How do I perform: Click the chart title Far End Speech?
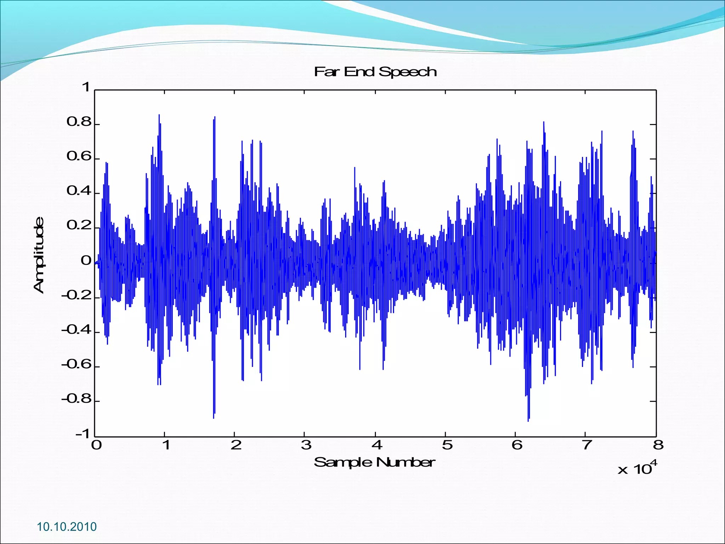(x=375, y=72)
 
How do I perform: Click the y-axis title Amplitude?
(x=39, y=255)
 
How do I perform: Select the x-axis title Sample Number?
(x=375, y=462)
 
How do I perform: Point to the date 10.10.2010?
(x=67, y=527)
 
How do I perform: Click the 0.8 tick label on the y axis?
(x=79, y=122)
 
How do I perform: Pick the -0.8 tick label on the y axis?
(x=76, y=399)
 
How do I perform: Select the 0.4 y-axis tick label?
(x=79, y=191)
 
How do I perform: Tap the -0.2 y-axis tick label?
(x=76, y=295)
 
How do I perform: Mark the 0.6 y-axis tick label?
(x=79, y=157)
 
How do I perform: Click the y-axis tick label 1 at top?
(x=86, y=87)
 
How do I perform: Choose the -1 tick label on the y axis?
(x=84, y=434)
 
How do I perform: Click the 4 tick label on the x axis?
(x=377, y=445)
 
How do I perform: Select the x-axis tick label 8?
(x=658, y=445)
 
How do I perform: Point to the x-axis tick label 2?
(x=236, y=445)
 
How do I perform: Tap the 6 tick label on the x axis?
(x=517, y=445)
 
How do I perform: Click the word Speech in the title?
(x=407, y=72)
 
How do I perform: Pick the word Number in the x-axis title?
(x=405, y=462)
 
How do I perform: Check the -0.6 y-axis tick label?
(x=76, y=365)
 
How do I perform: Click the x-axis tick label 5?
(x=447, y=445)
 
